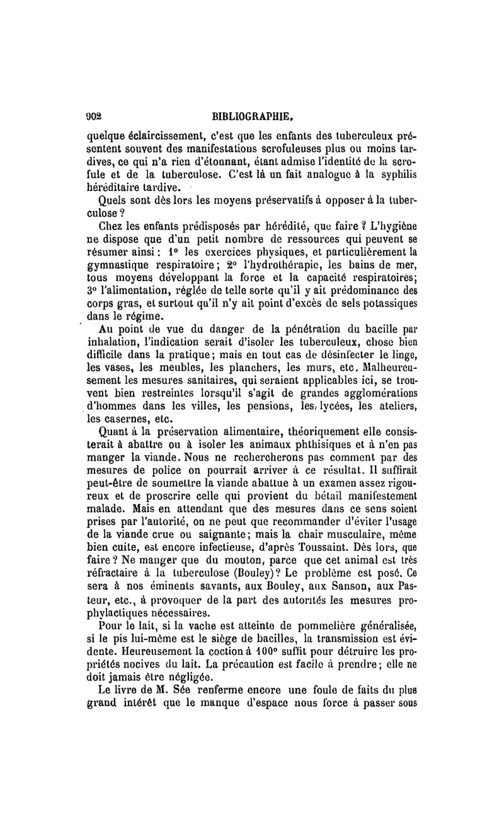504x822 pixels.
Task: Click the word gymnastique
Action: click(118, 268)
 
